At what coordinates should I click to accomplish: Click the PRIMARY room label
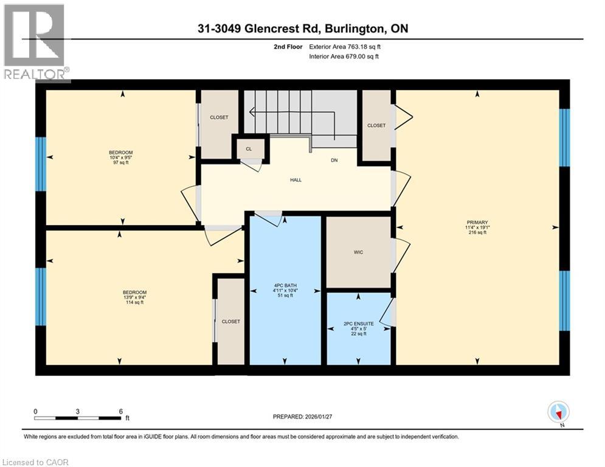(477, 223)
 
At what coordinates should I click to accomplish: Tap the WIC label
(358, 252)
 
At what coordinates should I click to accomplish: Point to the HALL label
(296, 180)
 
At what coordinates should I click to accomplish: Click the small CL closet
(249, 148)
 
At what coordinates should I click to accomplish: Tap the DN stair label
(334, 161)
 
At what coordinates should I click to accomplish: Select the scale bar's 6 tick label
(120, 411)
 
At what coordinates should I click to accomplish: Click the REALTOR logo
(35, 43)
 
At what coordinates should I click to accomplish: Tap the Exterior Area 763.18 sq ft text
(345, 46)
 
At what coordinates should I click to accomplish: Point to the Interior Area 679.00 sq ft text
(345, 57)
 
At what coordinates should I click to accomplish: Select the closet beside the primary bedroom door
(376, 125)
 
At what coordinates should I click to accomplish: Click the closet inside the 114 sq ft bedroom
(230, 321)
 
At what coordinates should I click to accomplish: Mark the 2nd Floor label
(288, 46)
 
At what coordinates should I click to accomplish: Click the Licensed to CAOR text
(35, 462)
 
